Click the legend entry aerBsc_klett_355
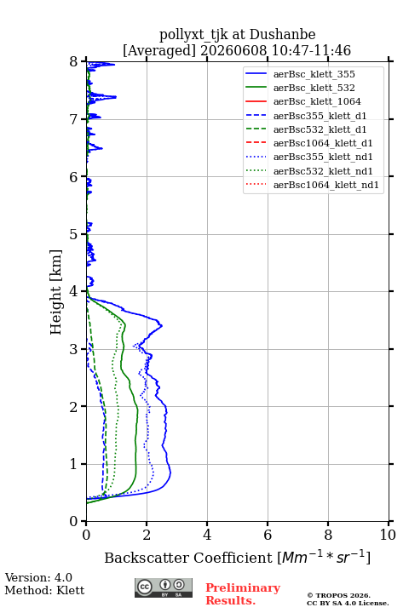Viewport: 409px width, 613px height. [x=314, y=74]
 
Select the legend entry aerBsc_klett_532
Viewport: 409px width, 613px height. [x=314, y=88]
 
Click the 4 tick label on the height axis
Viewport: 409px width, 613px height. [x=73, y=292]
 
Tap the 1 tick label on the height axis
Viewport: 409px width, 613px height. [x=73, y=464]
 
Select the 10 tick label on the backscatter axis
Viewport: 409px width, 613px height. [x=388, y=535]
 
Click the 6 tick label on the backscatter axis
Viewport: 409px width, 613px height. [x=268, y=535]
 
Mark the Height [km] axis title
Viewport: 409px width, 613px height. [x=56, y=292]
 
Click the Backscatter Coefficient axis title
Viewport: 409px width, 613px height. [x=237, y=558]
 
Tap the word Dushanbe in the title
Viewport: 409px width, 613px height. [x=283, y=35]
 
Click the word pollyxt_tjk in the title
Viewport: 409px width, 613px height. [x=193, y=36]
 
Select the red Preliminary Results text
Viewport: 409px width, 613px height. [x=243, y=594]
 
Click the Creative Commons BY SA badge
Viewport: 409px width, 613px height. [x=164, y=588]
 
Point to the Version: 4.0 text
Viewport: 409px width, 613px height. [x=38, y=577]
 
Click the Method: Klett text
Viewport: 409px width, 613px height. [x=44, y=590]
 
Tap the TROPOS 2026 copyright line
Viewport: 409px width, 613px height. [x=339, y=595]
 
